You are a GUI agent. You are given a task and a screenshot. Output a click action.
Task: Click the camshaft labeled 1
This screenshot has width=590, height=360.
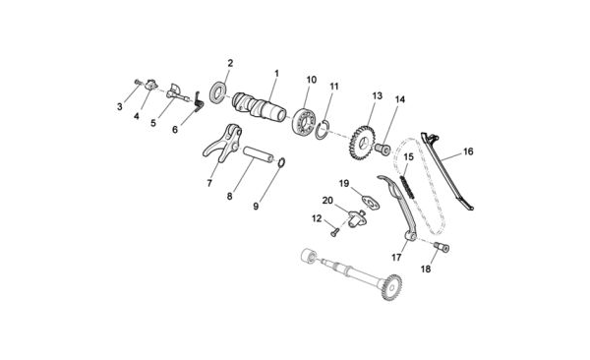point(259,107)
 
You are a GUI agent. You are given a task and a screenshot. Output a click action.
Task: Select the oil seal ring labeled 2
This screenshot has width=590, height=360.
point(218,92)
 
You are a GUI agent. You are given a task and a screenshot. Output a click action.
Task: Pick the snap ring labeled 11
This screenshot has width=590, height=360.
point(323,130)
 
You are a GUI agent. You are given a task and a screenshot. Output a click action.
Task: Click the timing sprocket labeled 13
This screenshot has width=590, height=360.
point(362,143)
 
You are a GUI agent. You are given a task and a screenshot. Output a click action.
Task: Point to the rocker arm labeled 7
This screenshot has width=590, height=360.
point(223,143)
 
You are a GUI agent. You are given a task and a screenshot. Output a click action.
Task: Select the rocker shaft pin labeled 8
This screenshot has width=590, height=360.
point(259,154)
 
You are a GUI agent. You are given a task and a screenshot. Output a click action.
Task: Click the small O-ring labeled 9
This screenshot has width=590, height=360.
point(281,162)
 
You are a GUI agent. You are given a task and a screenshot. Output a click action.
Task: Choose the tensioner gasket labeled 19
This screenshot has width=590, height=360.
point(371,203)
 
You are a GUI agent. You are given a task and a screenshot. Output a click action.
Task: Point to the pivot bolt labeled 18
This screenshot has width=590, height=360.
point(442,247)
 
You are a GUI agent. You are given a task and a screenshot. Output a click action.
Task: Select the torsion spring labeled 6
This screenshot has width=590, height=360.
point(199,101)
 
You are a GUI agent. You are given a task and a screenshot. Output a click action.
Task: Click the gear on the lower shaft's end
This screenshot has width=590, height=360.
point(391,286)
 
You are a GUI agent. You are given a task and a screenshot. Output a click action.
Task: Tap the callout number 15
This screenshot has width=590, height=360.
point(408,156)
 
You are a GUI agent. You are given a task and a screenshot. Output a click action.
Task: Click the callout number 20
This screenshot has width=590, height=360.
point(327,201)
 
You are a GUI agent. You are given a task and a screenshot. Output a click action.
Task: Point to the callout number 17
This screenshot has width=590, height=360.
point(396,258)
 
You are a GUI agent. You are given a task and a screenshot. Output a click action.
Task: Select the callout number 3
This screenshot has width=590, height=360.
point(120,107)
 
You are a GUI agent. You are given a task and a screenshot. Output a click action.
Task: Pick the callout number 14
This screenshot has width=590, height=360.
point(400,99)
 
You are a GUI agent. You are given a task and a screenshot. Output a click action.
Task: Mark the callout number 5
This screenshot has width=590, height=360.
point(153,123)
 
